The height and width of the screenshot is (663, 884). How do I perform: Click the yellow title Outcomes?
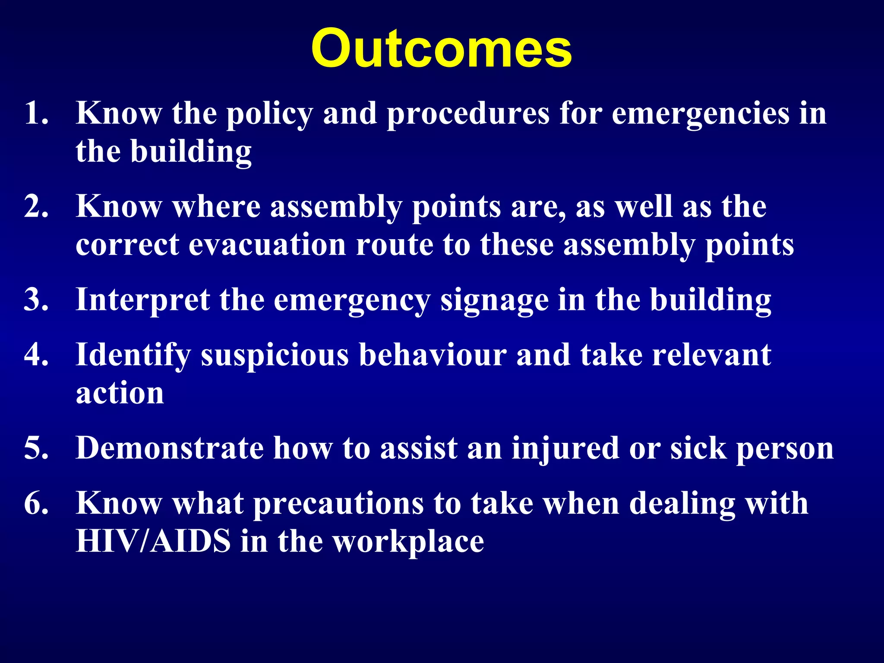point(441,48)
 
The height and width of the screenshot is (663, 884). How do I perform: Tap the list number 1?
point(35,113)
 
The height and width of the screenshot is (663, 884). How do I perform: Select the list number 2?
point(35,206)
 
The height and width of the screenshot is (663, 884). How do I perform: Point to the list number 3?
point(35,300)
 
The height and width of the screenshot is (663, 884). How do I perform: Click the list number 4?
point(35,355)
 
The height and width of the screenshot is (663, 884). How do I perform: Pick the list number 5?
point(35,448)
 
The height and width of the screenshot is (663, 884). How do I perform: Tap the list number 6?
point(35,503)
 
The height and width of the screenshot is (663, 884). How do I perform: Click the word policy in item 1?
point(269,115)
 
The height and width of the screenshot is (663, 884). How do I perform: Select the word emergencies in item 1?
point(700,115)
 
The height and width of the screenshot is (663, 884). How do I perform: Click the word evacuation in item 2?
point(267,245)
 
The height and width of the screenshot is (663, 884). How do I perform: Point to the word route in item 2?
point(394,245)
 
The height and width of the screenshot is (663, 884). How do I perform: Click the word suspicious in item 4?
point(275,356)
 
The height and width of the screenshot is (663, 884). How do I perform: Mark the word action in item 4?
point(120,394)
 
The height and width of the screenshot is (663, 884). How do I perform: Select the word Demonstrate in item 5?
point(169,448)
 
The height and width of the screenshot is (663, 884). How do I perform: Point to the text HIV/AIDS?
point(153,541)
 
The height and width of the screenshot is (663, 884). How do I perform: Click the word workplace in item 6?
point(409,543)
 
